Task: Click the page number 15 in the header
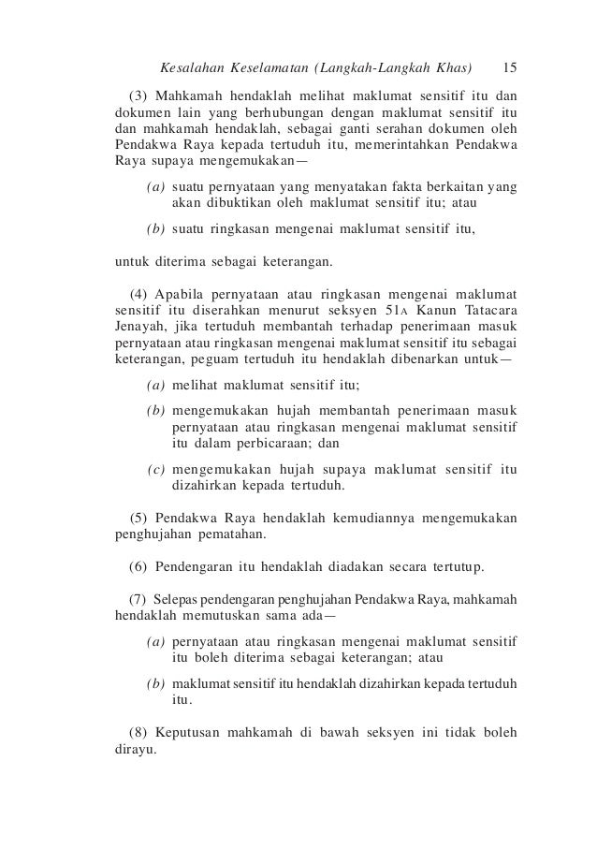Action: (511, 68)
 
